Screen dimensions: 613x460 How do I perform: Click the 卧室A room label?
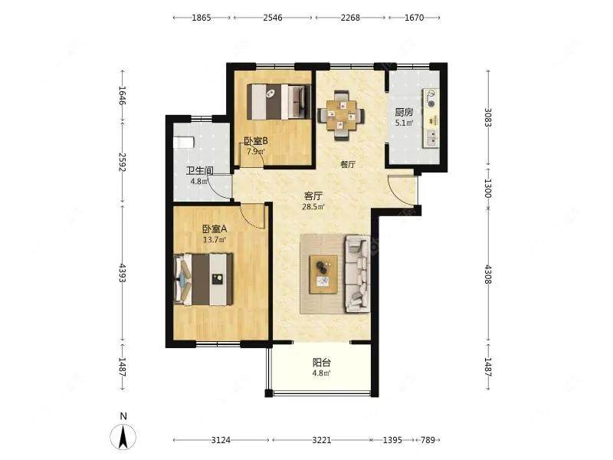215,228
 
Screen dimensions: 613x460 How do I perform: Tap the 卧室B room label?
256,141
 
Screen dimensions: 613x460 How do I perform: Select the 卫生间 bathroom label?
199,171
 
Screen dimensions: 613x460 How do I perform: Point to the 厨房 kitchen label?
404,113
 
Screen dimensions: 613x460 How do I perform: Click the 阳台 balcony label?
321,363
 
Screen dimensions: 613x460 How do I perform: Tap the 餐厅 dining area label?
348,165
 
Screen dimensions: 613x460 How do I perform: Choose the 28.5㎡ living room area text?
313,207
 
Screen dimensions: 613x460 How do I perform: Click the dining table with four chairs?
341,116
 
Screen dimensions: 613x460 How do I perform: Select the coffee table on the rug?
323,274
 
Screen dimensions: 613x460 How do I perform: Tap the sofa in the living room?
357,274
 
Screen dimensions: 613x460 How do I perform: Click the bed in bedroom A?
203,279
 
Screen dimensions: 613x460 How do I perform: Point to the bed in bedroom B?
279,102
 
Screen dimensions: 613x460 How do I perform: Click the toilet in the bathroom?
183,142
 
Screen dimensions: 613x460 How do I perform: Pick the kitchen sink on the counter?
431,138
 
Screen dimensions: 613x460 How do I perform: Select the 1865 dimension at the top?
202,18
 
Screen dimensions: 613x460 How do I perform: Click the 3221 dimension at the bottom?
321,440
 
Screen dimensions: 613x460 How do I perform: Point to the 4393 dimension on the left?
123,273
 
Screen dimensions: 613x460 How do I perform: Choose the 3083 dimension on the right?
487,117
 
